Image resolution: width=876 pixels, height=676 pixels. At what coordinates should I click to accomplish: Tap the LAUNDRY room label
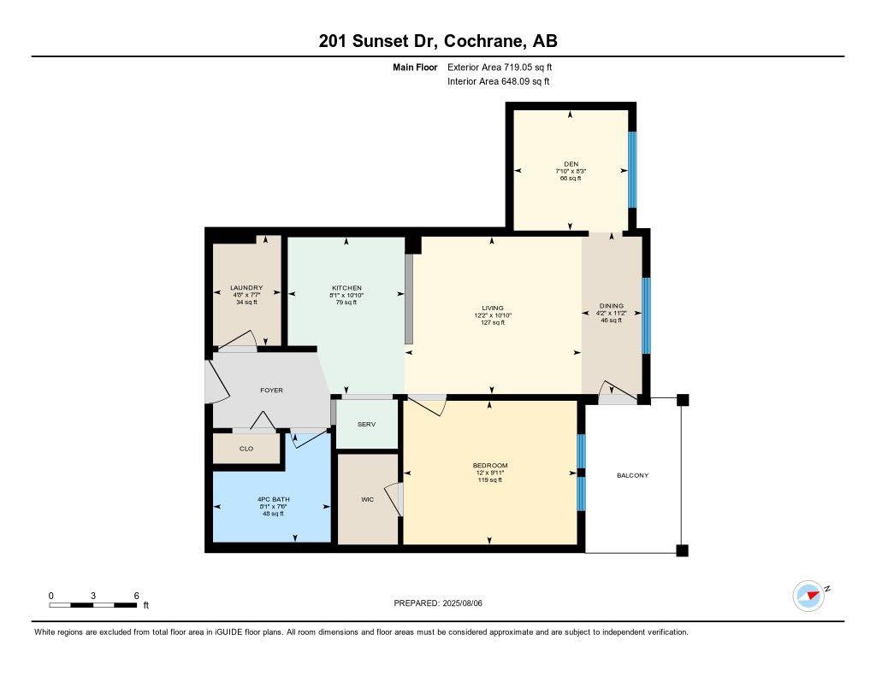[x=246, y=288]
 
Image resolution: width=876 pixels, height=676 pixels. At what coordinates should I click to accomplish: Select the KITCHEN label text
[x=346, y=288]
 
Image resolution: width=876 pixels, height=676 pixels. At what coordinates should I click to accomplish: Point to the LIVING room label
[x=492, y=308]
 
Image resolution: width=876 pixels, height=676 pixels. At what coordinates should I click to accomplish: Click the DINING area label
[x=611, y=306]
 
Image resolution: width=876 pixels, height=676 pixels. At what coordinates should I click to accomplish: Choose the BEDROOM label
[x=490, y=466]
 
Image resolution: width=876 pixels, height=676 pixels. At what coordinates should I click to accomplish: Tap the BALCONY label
[x=632, y=475]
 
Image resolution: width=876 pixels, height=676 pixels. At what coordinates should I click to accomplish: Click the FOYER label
[x=271, y=391]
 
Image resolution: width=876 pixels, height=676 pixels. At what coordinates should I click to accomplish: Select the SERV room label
[x=366, y=425]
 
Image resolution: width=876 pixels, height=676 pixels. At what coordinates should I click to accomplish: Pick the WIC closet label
[x=367, y=499]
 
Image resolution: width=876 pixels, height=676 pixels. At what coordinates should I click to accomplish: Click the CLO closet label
[x=246, y=448]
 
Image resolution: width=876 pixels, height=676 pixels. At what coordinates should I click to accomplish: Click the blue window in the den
[x=632, y=169]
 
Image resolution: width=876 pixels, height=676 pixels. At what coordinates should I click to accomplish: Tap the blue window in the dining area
[x=646, y=315]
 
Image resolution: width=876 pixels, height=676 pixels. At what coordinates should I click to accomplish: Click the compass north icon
[x=808, y=596]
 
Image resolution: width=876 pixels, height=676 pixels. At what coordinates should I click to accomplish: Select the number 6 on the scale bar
[x=136, y=596]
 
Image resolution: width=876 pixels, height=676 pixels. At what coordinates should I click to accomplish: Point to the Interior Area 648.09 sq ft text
[x=498, y=82]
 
